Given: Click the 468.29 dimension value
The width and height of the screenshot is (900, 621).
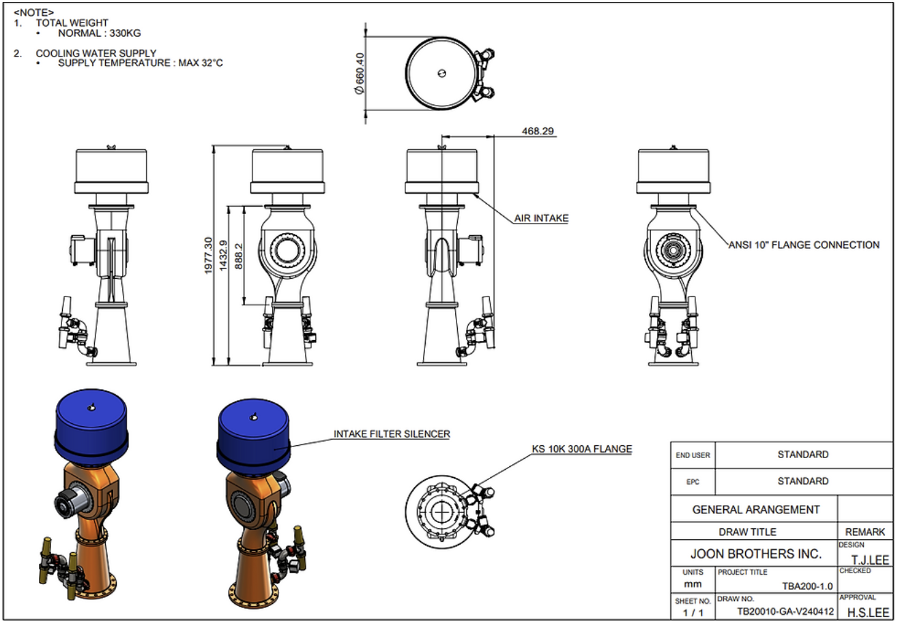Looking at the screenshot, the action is click(x=538, y=132).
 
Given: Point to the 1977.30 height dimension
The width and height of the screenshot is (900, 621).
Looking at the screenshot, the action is click(x=208, y=256).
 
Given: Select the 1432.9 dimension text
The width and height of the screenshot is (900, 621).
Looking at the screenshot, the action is click(x=224, y=256).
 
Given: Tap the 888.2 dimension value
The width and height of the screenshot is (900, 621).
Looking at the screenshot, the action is click(x=239, y=256).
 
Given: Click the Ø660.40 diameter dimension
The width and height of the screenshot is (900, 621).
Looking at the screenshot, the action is click(x=360, y=74).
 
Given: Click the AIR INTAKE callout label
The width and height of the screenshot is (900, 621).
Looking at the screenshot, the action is click(x=542, y=218).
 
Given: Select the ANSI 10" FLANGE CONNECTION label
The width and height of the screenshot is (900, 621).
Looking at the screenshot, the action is click(x=804, y=245).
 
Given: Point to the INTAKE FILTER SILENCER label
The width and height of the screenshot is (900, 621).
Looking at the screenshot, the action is click(x=392, y=434).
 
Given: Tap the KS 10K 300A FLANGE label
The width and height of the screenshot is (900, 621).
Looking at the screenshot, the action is click(x=582, y=449).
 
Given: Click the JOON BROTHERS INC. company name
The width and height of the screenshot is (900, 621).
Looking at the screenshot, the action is click(x=756, y=554).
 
